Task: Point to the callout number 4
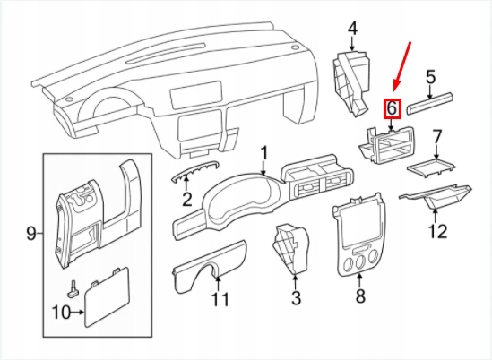[x=352, y=30]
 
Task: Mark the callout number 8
[x=360, y=295]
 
